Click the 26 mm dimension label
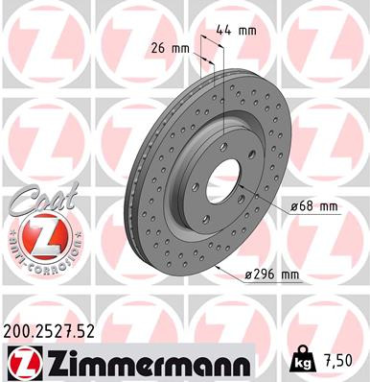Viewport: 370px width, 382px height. pyautogui.click(x=167, y=47)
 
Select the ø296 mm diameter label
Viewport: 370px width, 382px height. pyautogui.click(x=272, y=275)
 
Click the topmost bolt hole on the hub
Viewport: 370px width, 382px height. pyautogui.click(x=221, y=145)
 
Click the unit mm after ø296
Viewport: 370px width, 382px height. pyautogui.click(x=289, y=275)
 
